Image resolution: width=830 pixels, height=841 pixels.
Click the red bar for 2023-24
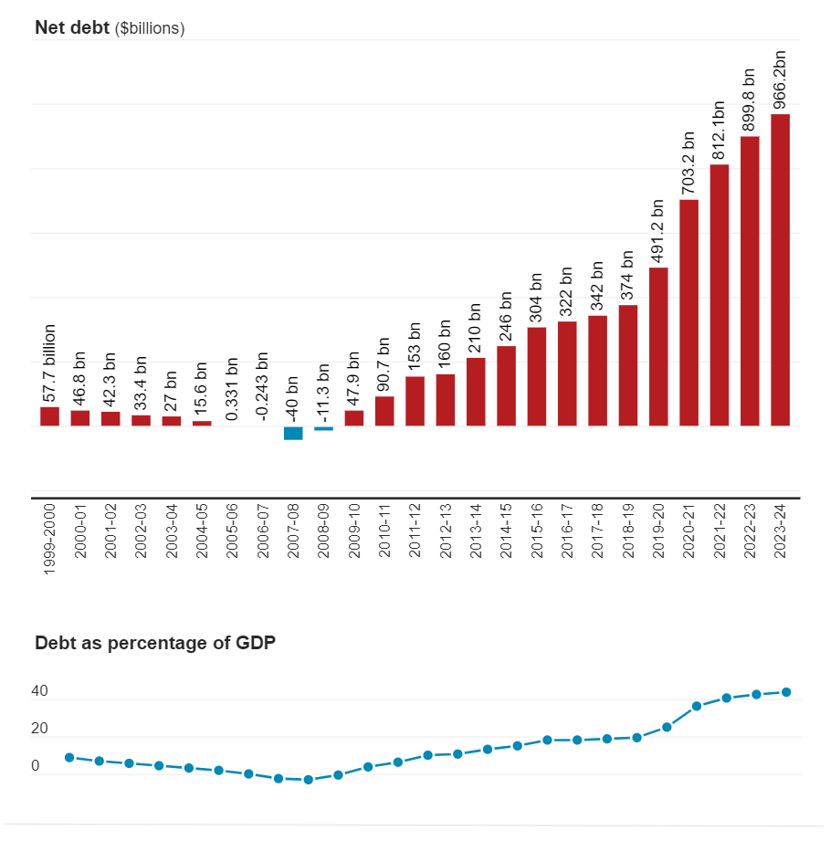pos(781,269)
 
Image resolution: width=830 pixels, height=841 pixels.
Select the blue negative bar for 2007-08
pos(293,433)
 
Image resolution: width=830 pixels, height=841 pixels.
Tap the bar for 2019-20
pos(658,346)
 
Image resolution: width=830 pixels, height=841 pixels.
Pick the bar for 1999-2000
pos(49,416)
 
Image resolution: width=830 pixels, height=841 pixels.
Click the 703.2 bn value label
pos(688,162)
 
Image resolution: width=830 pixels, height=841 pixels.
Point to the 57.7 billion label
pos(49,363)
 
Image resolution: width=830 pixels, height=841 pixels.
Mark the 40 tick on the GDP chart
pos(40,692)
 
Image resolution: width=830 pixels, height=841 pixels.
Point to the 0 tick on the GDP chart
pos(36,766)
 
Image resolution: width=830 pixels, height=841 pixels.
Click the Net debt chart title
pos(72,27)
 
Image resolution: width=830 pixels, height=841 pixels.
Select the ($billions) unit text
pos(150,28)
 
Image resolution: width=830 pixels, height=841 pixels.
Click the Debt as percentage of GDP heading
pos(155,643)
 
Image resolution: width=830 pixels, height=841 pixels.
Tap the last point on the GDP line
pos(786,692)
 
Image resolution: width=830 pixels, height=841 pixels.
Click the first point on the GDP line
pos(69,757)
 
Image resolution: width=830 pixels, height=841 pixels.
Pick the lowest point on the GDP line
pos(308,780)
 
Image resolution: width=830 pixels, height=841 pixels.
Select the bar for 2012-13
pos(446,400)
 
